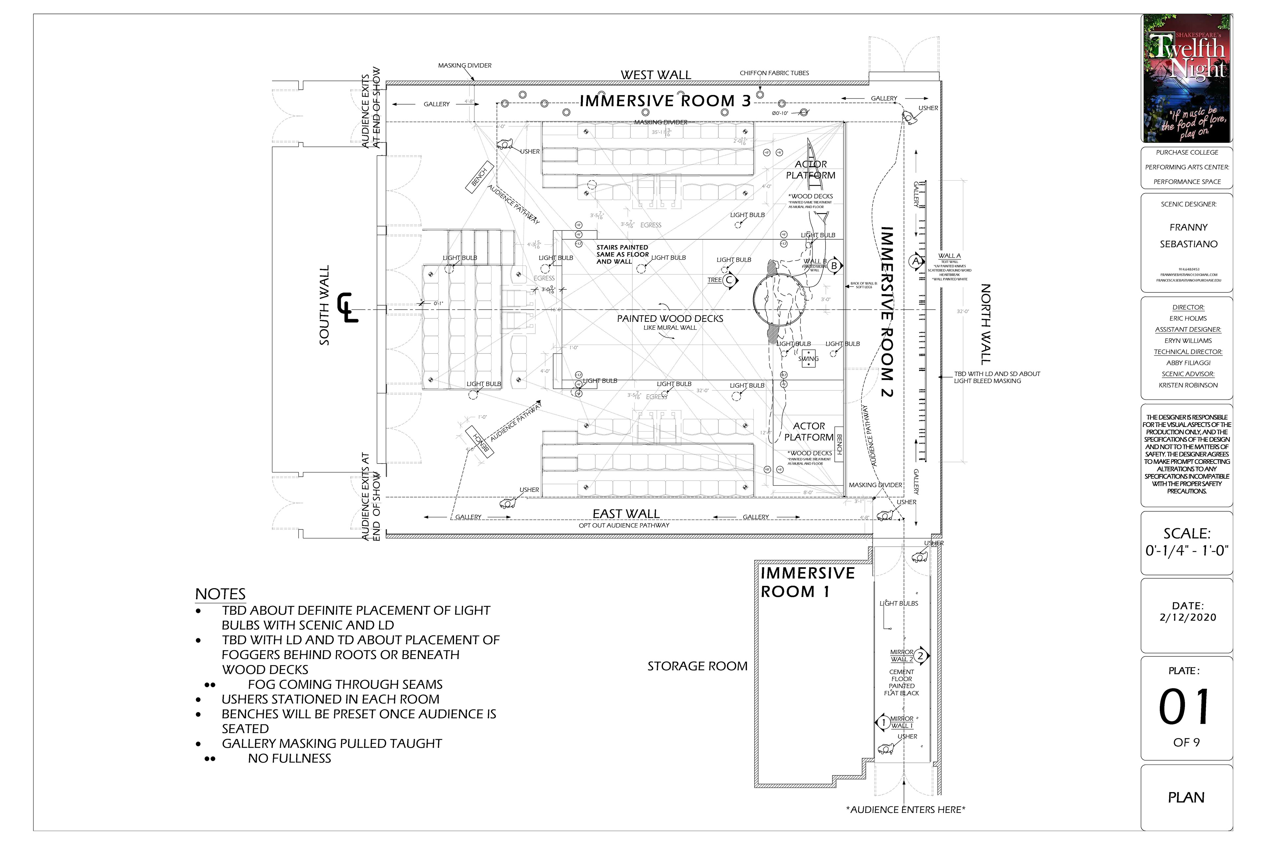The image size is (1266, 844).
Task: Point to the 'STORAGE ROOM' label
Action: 697,666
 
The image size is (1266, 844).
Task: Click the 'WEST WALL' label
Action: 656,75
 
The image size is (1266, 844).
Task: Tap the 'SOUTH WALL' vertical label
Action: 324,305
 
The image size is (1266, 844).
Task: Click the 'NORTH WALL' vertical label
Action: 985,324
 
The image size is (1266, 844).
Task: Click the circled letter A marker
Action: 915,261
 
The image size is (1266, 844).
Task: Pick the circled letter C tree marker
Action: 729,280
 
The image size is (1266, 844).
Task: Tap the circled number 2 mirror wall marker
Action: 920,656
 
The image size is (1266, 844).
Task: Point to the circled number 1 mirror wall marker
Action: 883,722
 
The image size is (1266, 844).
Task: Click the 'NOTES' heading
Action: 220,594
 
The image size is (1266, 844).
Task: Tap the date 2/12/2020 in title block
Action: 1188,618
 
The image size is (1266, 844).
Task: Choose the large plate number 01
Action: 1186,707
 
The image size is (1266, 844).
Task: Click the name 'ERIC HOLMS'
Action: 1188,318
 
